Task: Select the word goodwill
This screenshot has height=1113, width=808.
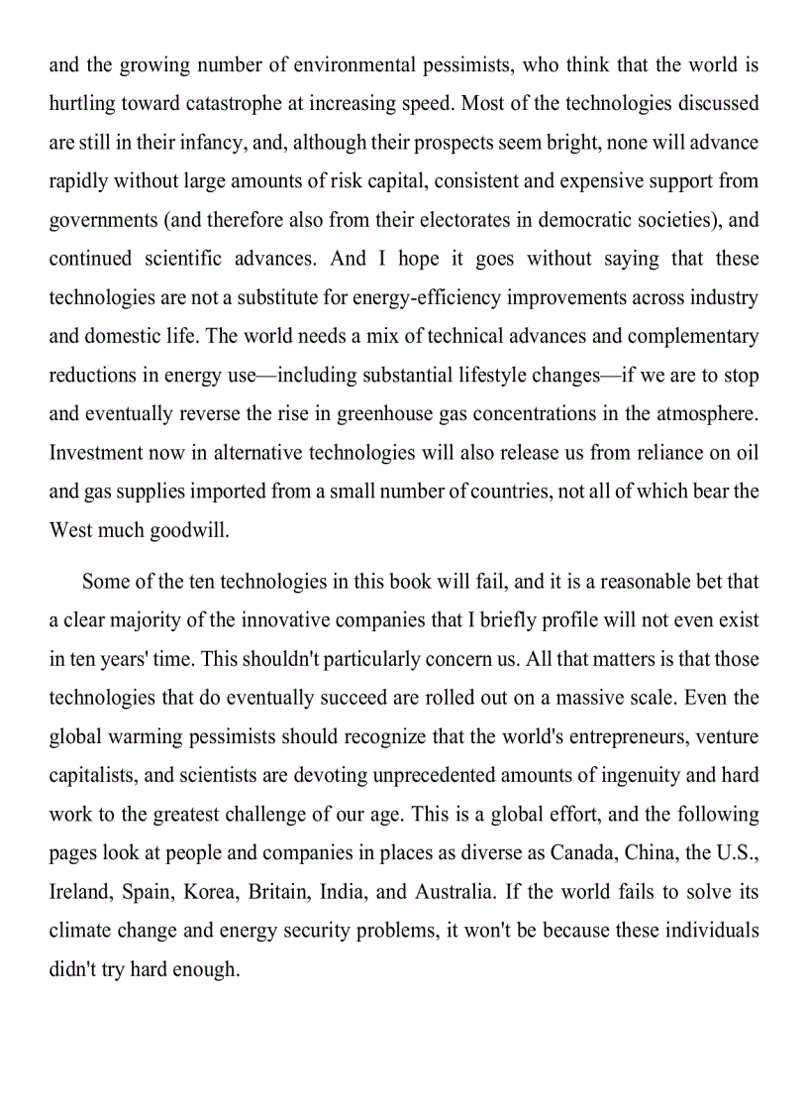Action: (189, 530)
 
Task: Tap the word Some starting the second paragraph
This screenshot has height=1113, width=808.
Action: (107, 581)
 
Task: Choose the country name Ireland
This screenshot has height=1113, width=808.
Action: (79, 892)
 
